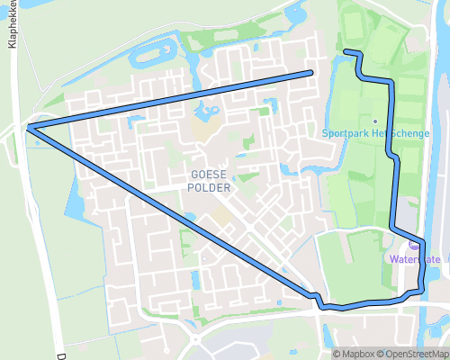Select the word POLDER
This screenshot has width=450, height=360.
(209, 188)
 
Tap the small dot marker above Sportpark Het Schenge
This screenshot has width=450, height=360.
(374, 121)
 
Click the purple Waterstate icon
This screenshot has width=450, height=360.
(414, 244)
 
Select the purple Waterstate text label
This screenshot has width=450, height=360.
(416, 259)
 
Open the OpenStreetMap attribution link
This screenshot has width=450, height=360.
(413, 354)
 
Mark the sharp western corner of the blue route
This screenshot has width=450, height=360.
(30, 128)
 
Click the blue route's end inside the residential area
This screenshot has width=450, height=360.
(310, 72)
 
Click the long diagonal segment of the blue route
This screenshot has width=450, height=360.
(171, 213)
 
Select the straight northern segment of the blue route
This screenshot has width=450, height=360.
(171, 99)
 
